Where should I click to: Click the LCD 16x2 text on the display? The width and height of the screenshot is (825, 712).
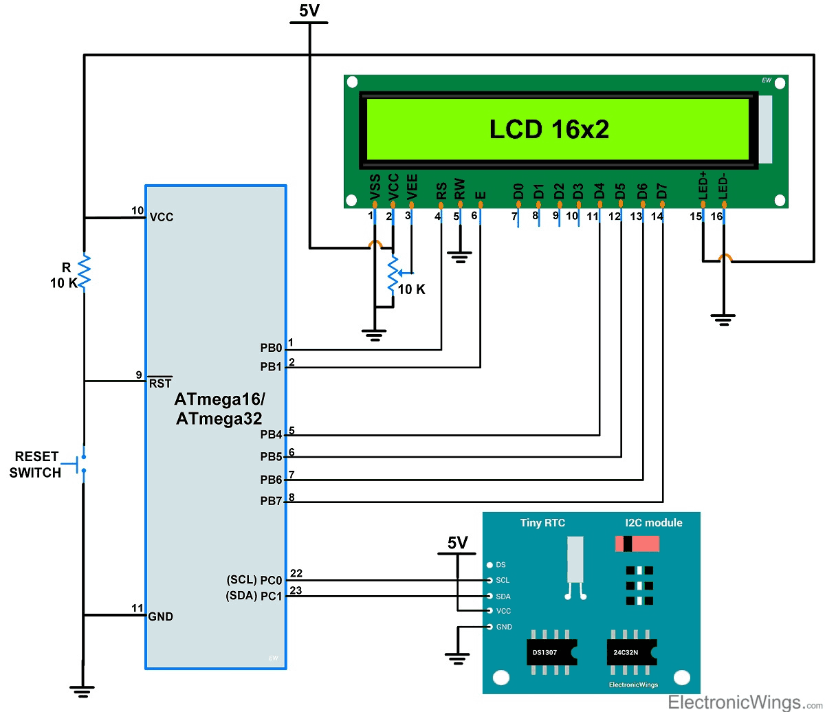pos(549,129)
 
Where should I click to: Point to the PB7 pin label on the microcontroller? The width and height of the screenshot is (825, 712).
pos(271,502)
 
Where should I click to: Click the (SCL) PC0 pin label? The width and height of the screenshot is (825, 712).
pos(254,580)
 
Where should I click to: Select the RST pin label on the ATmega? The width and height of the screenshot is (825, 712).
pos(159,383)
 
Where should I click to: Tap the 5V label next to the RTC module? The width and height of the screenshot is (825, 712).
pos(457,543)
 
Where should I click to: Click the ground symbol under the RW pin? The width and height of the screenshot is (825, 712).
pos(459,258)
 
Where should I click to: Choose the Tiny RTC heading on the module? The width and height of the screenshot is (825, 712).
pos(542,523)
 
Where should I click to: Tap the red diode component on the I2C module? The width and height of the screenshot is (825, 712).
pos(636,544)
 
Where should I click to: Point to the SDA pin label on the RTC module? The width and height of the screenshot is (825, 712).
pos(503,596)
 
